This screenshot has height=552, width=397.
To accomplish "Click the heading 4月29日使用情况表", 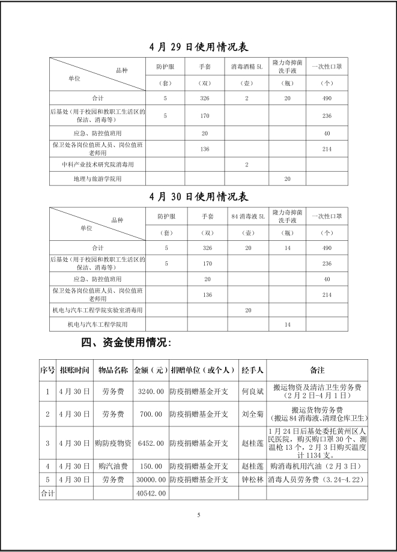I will pos(198,47).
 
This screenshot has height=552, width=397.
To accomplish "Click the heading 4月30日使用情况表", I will pos(198,196).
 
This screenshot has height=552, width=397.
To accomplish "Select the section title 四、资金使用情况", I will pos(126,343).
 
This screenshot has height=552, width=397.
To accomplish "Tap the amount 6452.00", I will pos(150,443).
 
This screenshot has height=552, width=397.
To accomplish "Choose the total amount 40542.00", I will pos(150,493).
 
